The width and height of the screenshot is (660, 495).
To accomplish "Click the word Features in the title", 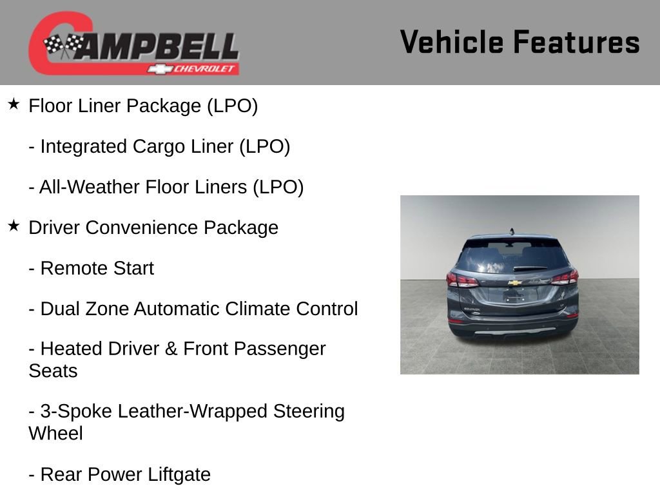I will coord(576,42).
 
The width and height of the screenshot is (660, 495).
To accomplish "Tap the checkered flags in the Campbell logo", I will coord(64,45).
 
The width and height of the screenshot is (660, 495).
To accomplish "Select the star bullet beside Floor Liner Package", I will coord(14,104).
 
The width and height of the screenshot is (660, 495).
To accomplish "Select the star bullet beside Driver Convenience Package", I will coord(14,226).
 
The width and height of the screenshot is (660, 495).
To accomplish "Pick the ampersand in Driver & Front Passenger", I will coord(171,349).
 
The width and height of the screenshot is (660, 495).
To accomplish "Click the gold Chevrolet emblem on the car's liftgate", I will coord(514,282).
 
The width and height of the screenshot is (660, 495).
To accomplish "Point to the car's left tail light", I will coord(462,279).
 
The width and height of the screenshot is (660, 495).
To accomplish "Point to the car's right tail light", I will coord(565,278).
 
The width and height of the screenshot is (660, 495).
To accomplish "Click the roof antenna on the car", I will coord(512,231).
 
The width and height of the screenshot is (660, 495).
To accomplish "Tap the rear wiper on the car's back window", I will coord(530,267).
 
